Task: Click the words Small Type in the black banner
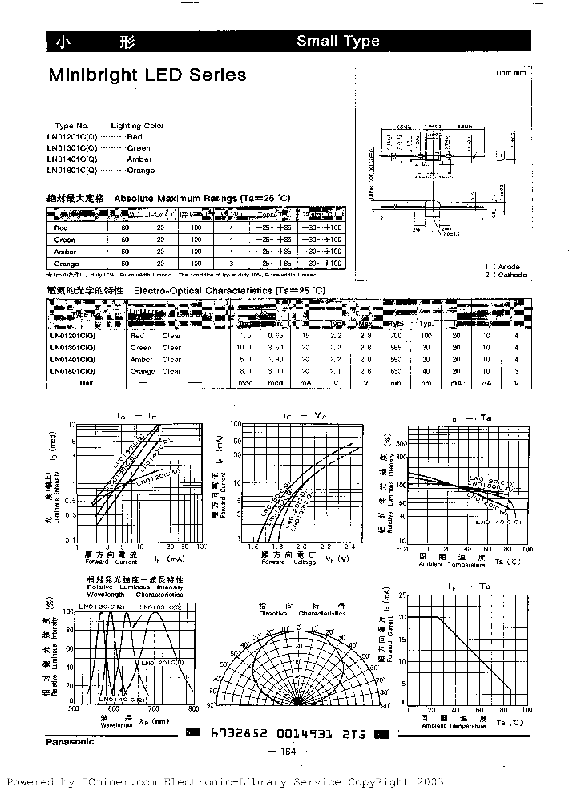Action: pyautogui.click(x=337, y=42)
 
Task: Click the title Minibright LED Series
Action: pyautogui.click(x=147, y=75)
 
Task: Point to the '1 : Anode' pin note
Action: pyautogui.click(x=502, y=267)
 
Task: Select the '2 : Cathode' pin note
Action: pyautogui.click(x=506, y=275)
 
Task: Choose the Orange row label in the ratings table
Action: pyautogui.click(x=65, y=264)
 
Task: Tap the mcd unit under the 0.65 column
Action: pyautogui.click(x=276, y=383)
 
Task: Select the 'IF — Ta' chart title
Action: pyautogui.click(x=468, y=588)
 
